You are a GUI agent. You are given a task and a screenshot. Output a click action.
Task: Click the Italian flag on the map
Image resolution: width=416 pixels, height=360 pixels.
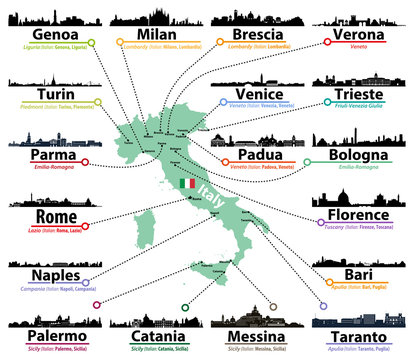click(x=187, y=184)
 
